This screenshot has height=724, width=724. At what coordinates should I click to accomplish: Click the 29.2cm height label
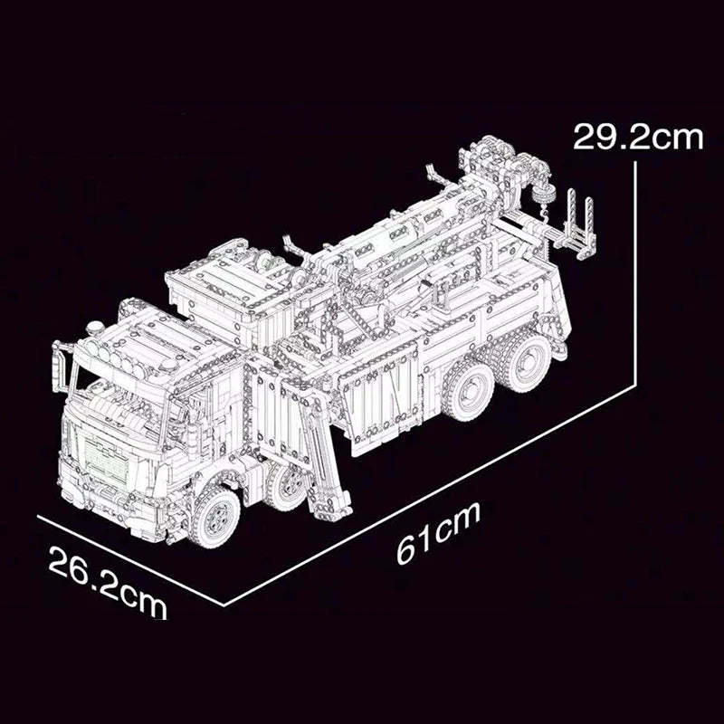click(x=637, y=138)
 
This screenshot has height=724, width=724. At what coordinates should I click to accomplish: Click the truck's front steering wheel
click(x=217, y=516)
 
